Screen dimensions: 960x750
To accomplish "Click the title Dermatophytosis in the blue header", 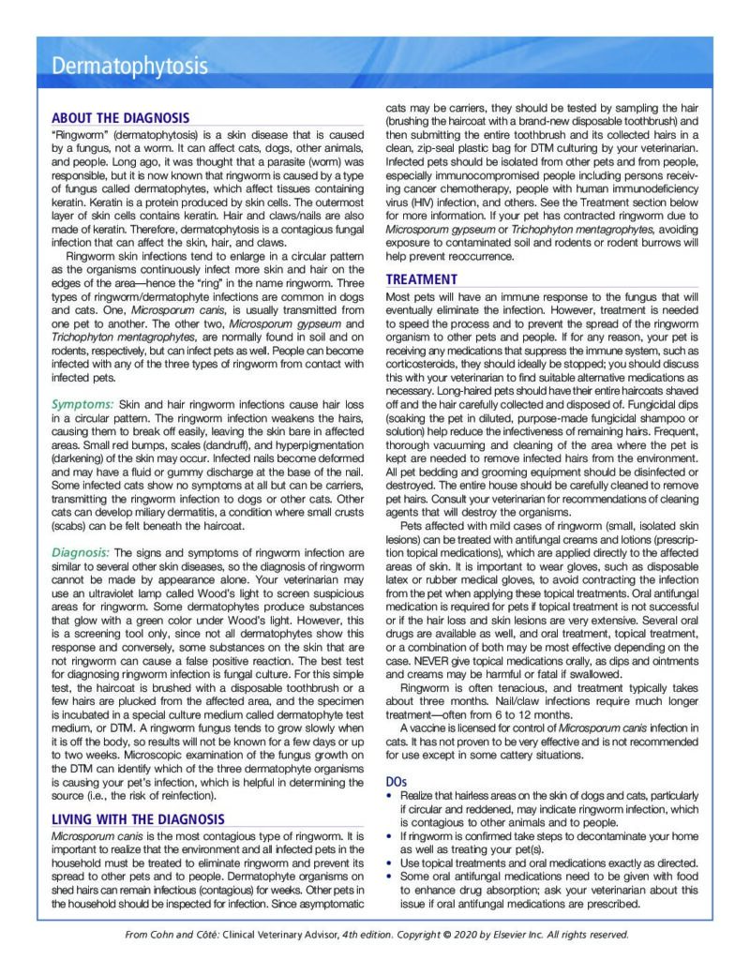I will tap(129, 67).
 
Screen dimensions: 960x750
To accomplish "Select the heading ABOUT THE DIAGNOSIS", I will tap(120, 118).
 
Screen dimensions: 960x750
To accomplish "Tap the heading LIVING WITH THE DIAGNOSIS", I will tap(138, 819).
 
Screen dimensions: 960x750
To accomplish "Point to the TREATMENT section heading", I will tap(422, 279).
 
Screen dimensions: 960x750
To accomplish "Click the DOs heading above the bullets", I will tap(397, 780).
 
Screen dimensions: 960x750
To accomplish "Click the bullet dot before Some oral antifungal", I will tap(390, 877).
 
